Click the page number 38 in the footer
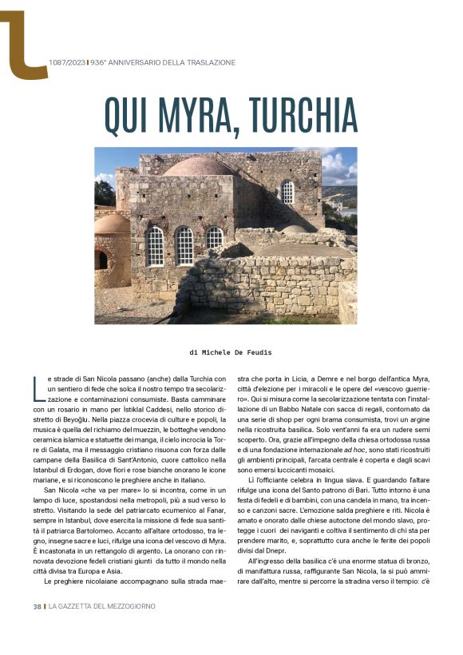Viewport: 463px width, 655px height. click(x=37, y=606)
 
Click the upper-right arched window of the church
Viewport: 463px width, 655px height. click(x=287, y=192)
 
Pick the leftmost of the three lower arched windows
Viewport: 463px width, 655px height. click(x=155, y=245)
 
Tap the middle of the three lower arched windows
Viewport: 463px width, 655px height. click(x=184, y=245)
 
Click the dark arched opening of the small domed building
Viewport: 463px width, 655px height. click(x=101, y=260)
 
